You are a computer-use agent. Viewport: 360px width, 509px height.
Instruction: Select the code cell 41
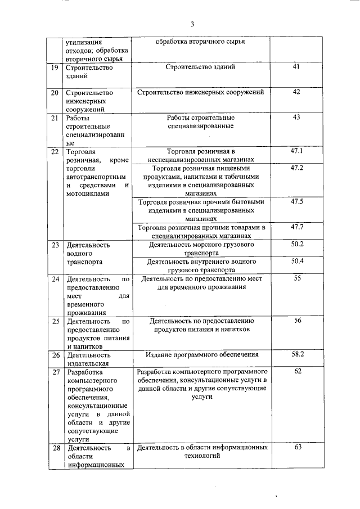pyautogui.click(x=297, y=67)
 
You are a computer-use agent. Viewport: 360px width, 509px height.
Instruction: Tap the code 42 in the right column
pyautogui.click(x=297, y=92)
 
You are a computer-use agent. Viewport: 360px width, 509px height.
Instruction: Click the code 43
pyautogui.click(x=297, y=117)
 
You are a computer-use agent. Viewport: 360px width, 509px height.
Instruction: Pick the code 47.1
pyautogui.click(x=297, y=151)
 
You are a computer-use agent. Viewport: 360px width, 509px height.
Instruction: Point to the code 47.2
pyautogui.click(x=297, y=168)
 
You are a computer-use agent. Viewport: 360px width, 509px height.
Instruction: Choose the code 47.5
pyautogui.click(x=297, y=201)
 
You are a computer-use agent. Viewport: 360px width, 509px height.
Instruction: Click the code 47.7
pyautogui.click(x=297, y=227)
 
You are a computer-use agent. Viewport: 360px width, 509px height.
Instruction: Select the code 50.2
pyautogui.click(x=297, y=244)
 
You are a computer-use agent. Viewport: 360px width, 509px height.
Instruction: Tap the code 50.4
pyautogui.click(x=297, y=261)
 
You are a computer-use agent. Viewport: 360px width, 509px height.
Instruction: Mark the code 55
pyautogui.click(x=297, y=278)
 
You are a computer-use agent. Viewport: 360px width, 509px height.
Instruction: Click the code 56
pyautogui.click(x=297, y=320)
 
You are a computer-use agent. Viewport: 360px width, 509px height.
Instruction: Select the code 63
pyautogui.click(x=297, y=447)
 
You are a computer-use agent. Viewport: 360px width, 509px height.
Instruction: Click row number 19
pyautogui.click(x=55, y=67)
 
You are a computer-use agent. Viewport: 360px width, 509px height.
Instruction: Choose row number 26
pyautogui.click(x=55, y=355)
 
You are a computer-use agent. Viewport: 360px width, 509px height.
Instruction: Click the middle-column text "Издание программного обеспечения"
pyautogui.click(x=202, y=354)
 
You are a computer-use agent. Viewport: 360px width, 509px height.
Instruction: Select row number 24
pyautogui.click(x=55, y=279)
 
